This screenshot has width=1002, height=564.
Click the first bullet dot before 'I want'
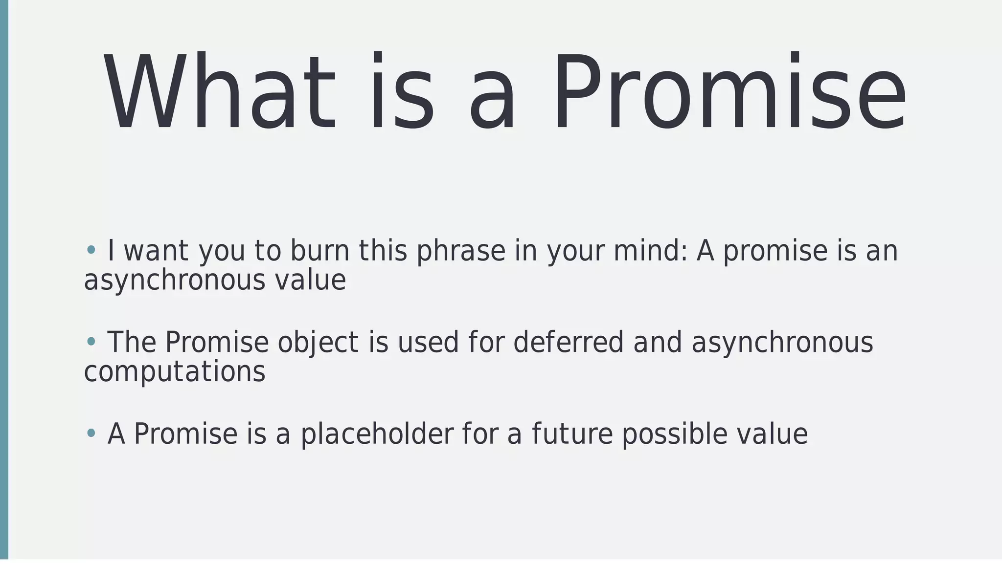tap(91, 250)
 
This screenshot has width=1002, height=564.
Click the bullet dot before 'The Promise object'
tap(91, 342)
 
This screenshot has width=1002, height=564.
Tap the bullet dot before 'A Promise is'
tap(91, 433)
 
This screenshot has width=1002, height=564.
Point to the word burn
tap(319, 251)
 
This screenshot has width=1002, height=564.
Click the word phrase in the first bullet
tap(460, 251)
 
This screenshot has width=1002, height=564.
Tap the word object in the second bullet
tap(318, 342)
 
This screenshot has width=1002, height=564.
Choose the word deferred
tap(568, 342)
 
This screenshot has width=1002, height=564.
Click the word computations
tap(175, 372)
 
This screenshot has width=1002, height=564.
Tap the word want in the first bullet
tap(156, 251)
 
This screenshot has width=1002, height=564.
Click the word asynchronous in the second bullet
tap(782, 342)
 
